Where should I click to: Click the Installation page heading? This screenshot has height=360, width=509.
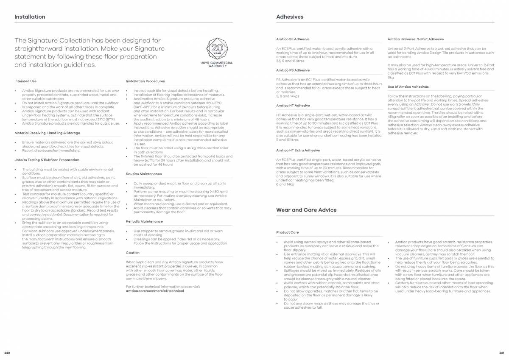tap(30, 17)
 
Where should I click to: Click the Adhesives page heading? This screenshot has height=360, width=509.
tap(290, 17)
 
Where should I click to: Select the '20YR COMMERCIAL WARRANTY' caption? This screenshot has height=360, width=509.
tap(217, 64)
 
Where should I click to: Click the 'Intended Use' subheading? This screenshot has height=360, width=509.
tap(25, 81)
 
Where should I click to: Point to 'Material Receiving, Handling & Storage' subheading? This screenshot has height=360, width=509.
tap(47, 133)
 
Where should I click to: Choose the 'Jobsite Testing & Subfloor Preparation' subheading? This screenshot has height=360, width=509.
tap(47, 160)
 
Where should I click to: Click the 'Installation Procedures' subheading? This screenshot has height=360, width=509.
tap(145, 81)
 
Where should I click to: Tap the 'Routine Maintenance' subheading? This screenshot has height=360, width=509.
tap(144, 174)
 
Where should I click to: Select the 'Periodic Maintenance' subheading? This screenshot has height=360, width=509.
tap(144, 221)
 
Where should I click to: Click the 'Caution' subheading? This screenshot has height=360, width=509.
tap(133, 253)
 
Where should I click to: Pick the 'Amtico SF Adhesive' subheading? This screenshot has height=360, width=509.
tap(293, 39)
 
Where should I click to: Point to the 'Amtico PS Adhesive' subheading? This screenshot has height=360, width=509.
tap(293, 70)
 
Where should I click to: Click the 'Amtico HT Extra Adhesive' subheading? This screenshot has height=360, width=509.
tap(298, 150)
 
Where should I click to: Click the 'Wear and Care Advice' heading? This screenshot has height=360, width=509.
tap(306, 210)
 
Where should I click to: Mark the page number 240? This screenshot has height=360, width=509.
tap(7, 353)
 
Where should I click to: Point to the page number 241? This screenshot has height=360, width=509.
tap(501, 353)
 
